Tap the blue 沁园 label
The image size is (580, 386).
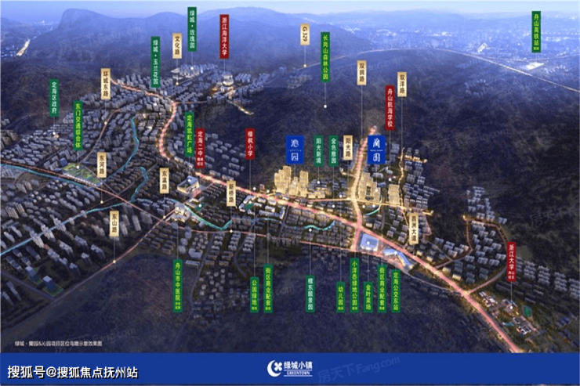coord(295,149)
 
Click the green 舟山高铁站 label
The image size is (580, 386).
coord(536,31)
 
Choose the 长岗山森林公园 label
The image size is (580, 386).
coord(325,56)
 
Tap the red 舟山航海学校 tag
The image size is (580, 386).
coord(390,108)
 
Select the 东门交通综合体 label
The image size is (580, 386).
coord(78,124)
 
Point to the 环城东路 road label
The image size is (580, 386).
coord(105,85)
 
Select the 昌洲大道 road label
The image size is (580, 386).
coord(413,226)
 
